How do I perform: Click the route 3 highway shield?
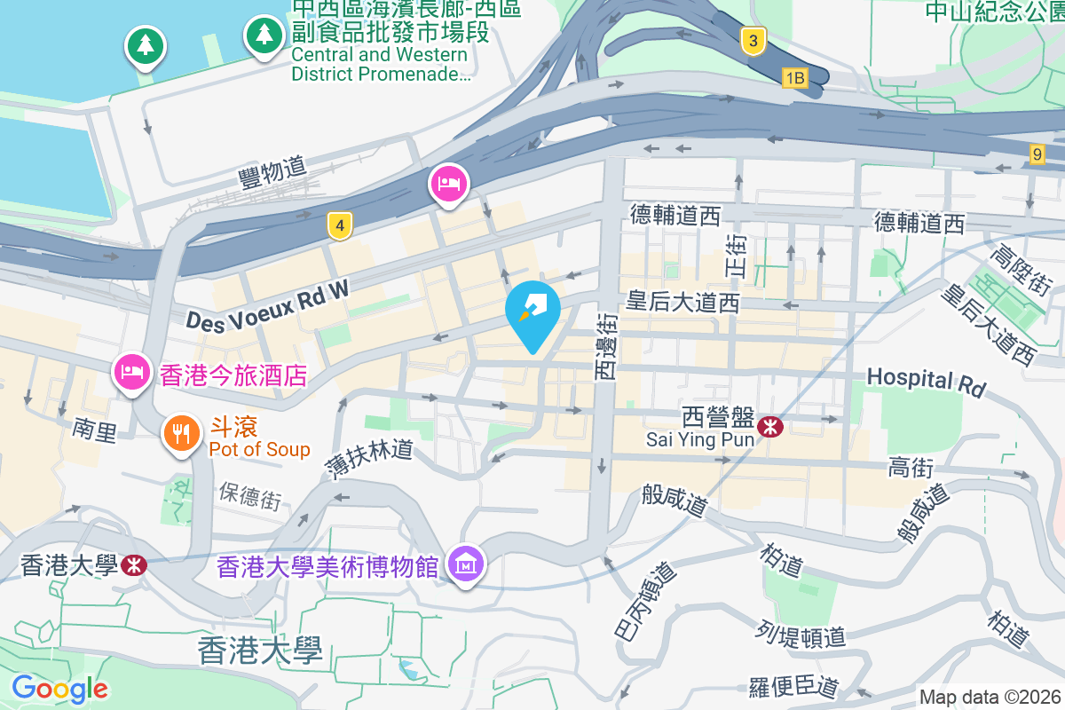tap(753, 41)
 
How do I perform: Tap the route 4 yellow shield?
tap(338, 225)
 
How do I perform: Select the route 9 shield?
tap(1037, 154)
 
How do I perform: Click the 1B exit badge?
tap(794, 79)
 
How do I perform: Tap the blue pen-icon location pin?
tap(532, 312)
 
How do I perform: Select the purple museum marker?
tap(465, 563)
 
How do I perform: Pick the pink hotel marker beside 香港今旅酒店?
tap(131, 373)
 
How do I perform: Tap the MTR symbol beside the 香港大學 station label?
tap(134, 565)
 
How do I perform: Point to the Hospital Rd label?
tap(927, 381)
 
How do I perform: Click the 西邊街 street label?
tap(605, 347)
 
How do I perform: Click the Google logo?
tap(59, 688)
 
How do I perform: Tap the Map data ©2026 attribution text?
tap(990, 698)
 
